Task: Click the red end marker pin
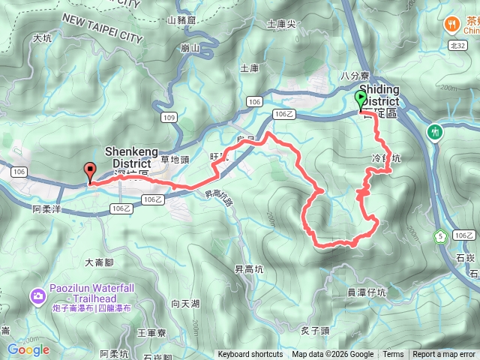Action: (90, 172)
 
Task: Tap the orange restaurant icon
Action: (452, 24)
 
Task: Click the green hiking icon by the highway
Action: (435, 133)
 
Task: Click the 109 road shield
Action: (170, 118)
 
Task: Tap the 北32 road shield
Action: (459, 46)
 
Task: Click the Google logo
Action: (28, 349)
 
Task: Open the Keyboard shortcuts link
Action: (250, 355)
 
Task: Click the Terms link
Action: (393, 355)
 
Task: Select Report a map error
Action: (444, 355)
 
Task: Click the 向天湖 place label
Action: (185, 304)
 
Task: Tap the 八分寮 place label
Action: (351, 76)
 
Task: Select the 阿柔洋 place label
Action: (46, 210)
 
